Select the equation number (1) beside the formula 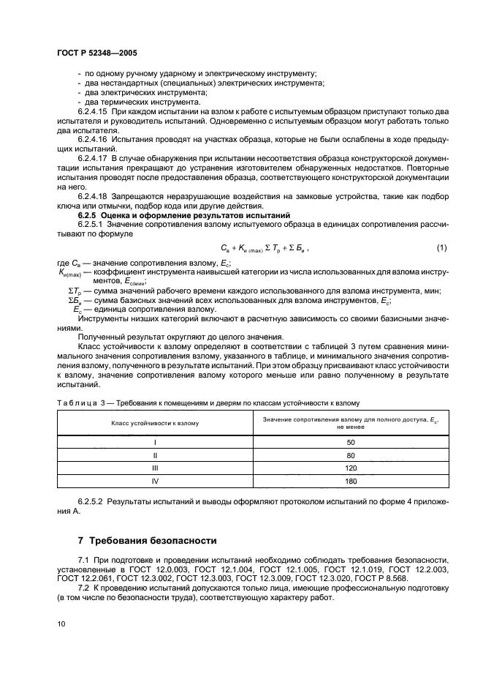(441, 248)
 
